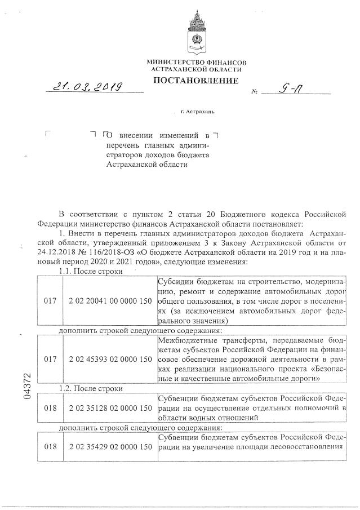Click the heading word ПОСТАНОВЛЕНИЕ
pos(195,81)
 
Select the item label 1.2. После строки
pos(91,388)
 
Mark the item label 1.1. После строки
pos(91,271)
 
